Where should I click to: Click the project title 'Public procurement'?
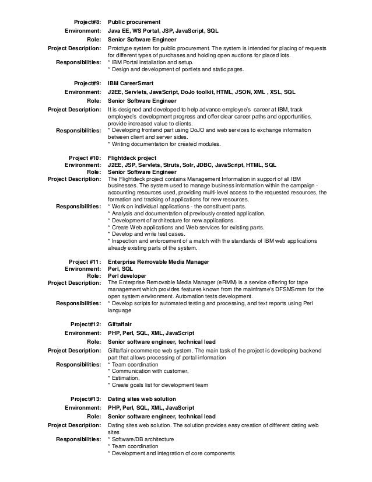tap(134, 22)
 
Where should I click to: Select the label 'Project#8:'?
tap(86, 22)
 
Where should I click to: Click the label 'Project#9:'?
tap(86, 83)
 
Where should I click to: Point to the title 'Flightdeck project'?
tap(132, 158)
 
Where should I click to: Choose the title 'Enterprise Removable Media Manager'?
tap(159, 261)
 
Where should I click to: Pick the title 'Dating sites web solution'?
tap(142, 399)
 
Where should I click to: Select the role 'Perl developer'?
tap(127, 275)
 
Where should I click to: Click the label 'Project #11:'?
tap(85, 261)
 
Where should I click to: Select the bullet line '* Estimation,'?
tap(124, 378)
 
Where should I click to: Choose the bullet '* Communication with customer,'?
tap(149, 371)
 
